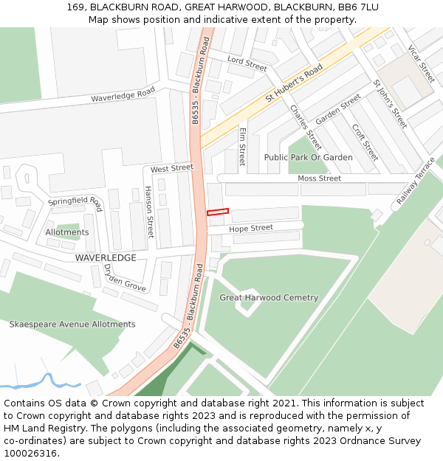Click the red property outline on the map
tap(218, 212)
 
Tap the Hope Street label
tap(250, 229)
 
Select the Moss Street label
tap(319, 178)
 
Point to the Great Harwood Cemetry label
tap(269, 298)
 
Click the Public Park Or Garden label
tap(309, 157)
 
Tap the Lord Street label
tap(247, 63)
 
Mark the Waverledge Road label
tap(123, 95)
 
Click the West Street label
tap(171, 169)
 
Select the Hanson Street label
tap(149, 212)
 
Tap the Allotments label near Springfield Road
tap(67, 232)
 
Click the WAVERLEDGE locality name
tap(106, 257)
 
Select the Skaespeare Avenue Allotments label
tap(72, 324)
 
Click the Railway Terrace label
tap(416, 181)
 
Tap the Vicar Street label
tap(421, 64)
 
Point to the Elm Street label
tap(241, 146)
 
